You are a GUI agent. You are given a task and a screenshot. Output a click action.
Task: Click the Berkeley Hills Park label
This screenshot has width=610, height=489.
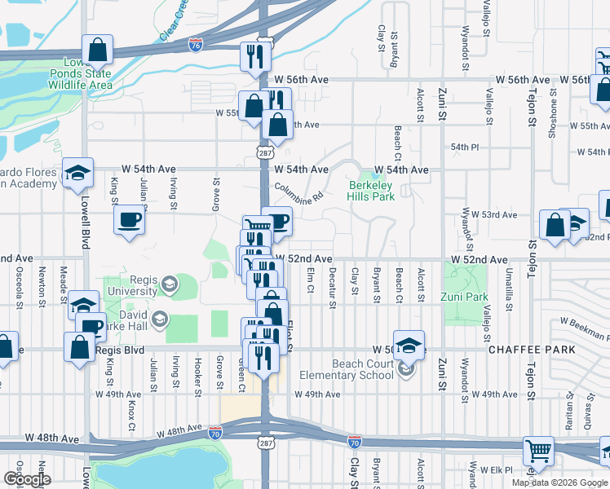(369, 191)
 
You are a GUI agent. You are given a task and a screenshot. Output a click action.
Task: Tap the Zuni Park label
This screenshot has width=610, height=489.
(465, 297)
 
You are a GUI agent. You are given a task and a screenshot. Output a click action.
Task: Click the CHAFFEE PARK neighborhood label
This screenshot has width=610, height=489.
(531, 350)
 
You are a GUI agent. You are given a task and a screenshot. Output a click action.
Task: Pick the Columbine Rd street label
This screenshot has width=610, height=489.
(299, 192)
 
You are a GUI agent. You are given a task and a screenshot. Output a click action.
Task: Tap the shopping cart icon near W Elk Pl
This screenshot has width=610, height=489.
(538, 449)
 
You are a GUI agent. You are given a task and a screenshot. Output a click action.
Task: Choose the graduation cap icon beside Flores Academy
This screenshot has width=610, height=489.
(77, 172)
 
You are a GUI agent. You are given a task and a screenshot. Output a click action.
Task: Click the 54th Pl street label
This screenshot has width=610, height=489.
(463, 146)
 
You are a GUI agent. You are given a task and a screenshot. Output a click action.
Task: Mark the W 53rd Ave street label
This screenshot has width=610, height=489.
(498, 214)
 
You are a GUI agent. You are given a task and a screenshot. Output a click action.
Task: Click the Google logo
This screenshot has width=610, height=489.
(26, 480)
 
